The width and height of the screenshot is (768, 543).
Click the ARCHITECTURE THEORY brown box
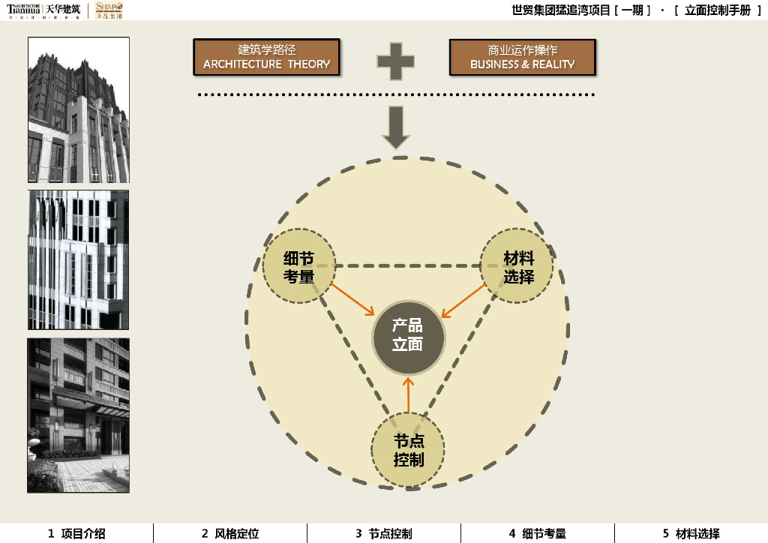266,57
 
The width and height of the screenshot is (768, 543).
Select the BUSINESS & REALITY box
522,57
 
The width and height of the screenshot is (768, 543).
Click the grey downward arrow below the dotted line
396,127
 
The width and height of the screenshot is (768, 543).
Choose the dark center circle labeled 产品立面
408,336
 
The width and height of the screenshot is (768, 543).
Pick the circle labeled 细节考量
298,268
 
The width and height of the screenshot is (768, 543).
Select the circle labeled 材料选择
517,268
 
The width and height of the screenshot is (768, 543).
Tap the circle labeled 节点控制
408,450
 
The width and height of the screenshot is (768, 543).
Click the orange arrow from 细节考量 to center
352,298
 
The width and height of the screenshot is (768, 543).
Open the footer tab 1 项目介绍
76,534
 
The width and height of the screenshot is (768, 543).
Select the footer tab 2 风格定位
230,534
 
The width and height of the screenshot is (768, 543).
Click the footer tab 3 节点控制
384,534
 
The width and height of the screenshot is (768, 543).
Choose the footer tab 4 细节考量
538,534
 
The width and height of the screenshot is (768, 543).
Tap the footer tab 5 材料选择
691,534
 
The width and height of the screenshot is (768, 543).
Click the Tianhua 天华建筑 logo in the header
43,10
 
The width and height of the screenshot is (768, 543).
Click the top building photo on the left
79,109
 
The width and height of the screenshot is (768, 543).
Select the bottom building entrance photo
79,415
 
